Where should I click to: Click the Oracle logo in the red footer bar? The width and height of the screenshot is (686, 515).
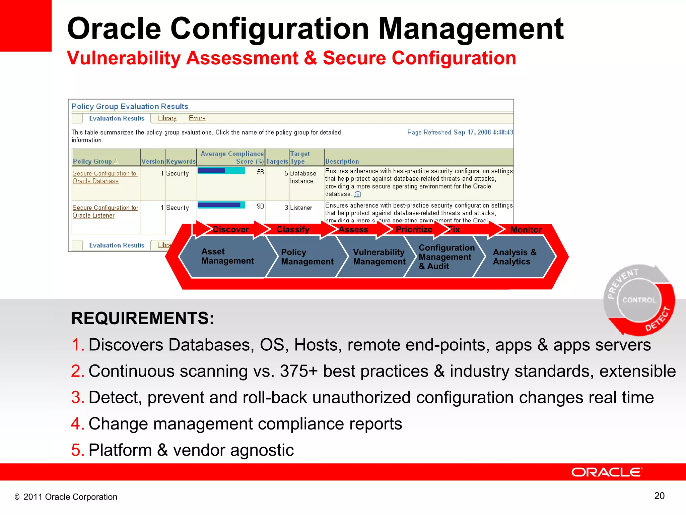click(x=606, y=472)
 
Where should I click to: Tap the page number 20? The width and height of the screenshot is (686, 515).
click(x=659, y=496)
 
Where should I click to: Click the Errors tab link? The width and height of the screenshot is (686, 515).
click(x=197, y=118)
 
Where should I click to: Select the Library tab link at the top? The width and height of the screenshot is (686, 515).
click(x=167, y=118)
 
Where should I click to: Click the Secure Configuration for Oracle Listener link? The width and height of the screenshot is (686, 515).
click(x=105, y=212)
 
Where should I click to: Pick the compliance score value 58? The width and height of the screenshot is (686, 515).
click(x=260, y=172)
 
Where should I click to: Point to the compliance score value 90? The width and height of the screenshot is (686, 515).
click(x=260, y=206)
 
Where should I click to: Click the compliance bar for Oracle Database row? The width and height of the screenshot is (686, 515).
click(x=221, y=171)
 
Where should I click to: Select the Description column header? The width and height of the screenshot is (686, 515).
click(x=342, y=161)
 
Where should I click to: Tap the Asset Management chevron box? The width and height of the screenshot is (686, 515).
click(x=227, y=256)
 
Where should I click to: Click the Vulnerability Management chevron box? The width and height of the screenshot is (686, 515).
click(x=379, y=257)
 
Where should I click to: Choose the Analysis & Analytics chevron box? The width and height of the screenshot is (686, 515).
click(x=514, y=257)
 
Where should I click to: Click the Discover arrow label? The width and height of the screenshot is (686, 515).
click(x=230, y=230)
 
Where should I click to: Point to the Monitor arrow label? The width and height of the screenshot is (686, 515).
click(x=526, y=230)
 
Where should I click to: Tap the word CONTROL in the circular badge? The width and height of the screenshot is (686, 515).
click(x=639, y=300)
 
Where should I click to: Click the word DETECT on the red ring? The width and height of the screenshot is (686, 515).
click(x=657, y=320)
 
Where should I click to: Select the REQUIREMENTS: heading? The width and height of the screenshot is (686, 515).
click(x=142, y=318)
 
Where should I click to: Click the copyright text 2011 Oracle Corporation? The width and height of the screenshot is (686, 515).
click(x=70, y=497)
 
